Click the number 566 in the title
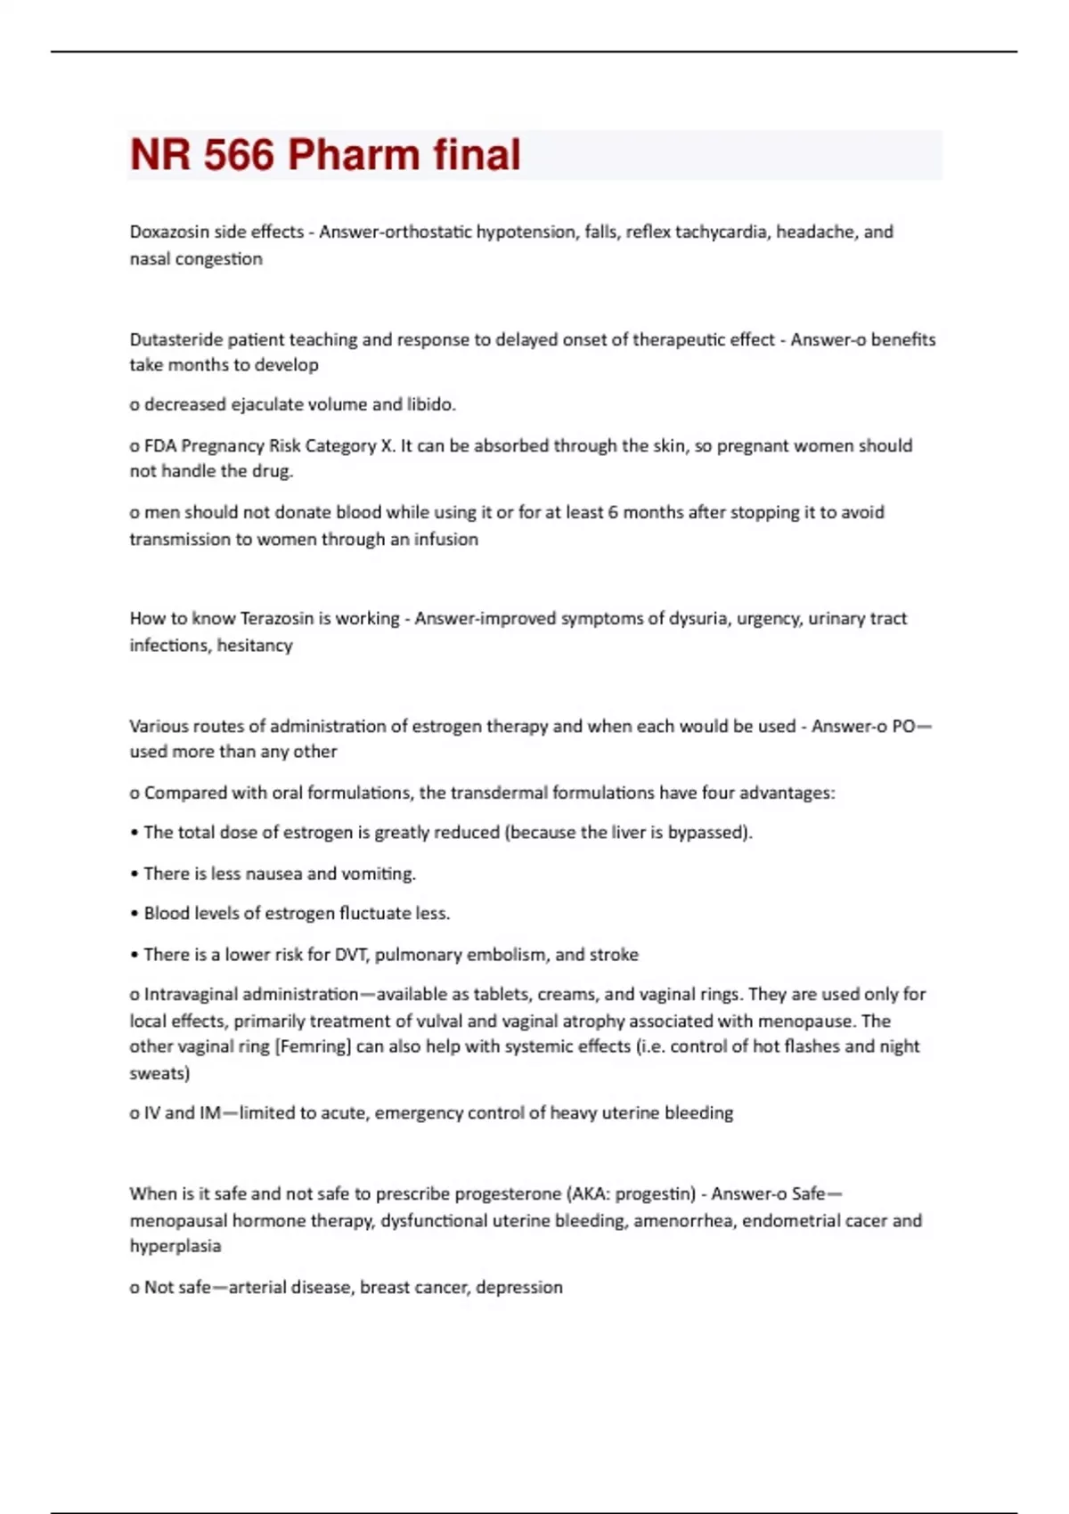tap(239, 155)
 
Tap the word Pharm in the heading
tap(353, 155)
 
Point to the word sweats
tap(159, 1073)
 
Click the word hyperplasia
tap(175, 1246)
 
